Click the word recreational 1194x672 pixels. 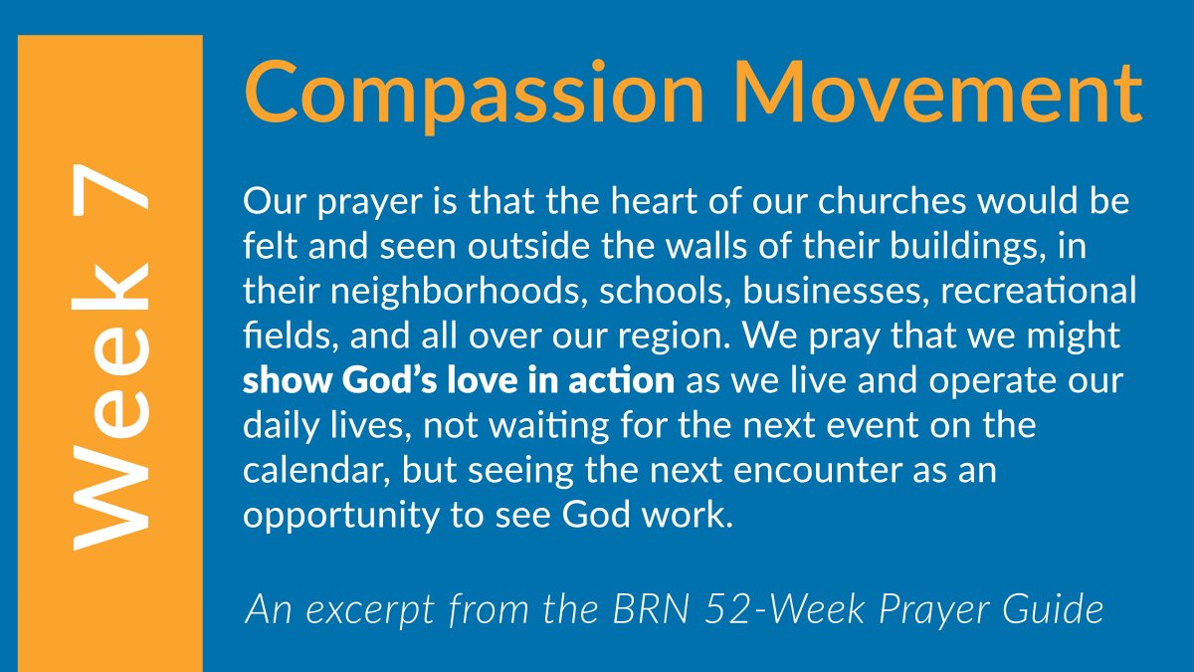tap(1036, 292)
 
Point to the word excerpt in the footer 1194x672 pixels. tap(351, 608)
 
